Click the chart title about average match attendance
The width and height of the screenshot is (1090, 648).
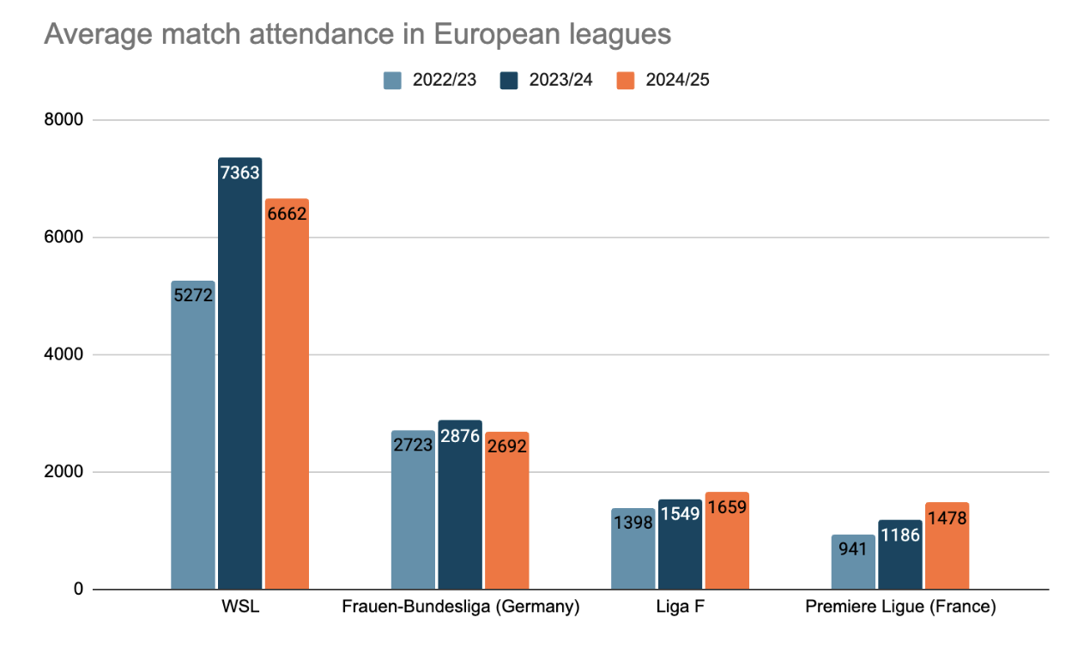357,34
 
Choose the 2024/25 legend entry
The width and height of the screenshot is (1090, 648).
663,80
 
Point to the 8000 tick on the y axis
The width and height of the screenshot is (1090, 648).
64,120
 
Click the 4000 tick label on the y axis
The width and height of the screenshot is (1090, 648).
64,354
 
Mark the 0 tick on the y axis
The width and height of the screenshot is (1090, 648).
77,590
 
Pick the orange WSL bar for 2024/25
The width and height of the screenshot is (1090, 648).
287,394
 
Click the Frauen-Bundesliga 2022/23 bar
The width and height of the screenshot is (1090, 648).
413,510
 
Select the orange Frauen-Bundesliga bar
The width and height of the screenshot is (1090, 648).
506,511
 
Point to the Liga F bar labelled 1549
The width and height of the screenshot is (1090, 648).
681,544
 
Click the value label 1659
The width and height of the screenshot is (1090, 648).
728,506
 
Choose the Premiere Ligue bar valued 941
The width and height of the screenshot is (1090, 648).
853,562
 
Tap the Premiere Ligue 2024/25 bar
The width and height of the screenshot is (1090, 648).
948,546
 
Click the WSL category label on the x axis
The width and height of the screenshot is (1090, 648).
239,608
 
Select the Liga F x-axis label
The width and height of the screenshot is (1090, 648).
681,608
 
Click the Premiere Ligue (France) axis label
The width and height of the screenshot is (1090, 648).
900,608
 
